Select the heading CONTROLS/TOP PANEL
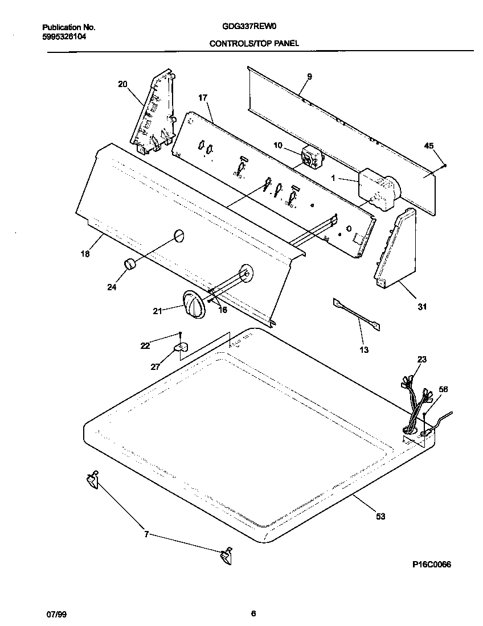coord(254,43)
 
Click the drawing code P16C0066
coord(432,564)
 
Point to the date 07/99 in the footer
coord(54,613)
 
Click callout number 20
coord(122,84)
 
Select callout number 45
coord(429,146)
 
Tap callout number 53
coord(380,516)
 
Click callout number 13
coord(364,349)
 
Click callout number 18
coord(85,254)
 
